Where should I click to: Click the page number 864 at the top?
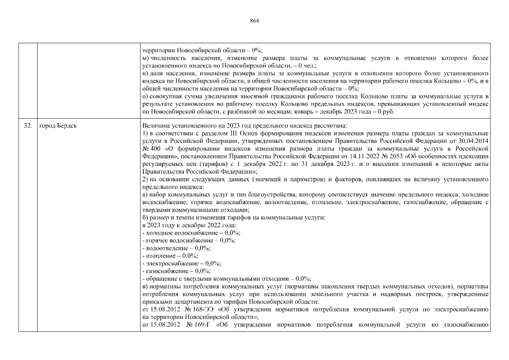(x=254, y=21)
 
